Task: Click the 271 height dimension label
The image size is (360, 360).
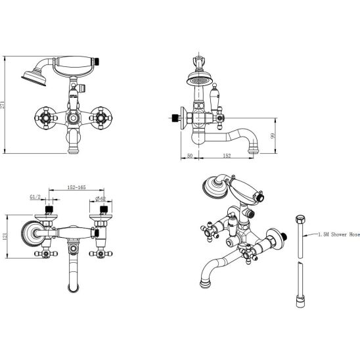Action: tap(2, 105)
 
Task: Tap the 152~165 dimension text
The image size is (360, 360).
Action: tap(76, 187)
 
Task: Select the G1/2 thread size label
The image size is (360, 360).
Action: tap(35, 197)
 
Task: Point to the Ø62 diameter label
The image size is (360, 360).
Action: tap(101, 199)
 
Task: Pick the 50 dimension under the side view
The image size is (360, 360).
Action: tap(190, 156)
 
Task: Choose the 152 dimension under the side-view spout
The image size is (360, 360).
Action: tap(227, 156)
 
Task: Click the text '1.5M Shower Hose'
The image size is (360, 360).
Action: tap(338, 235)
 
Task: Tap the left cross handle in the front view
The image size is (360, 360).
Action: tap(46, 118)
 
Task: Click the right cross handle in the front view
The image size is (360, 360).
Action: tap(101, 118)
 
